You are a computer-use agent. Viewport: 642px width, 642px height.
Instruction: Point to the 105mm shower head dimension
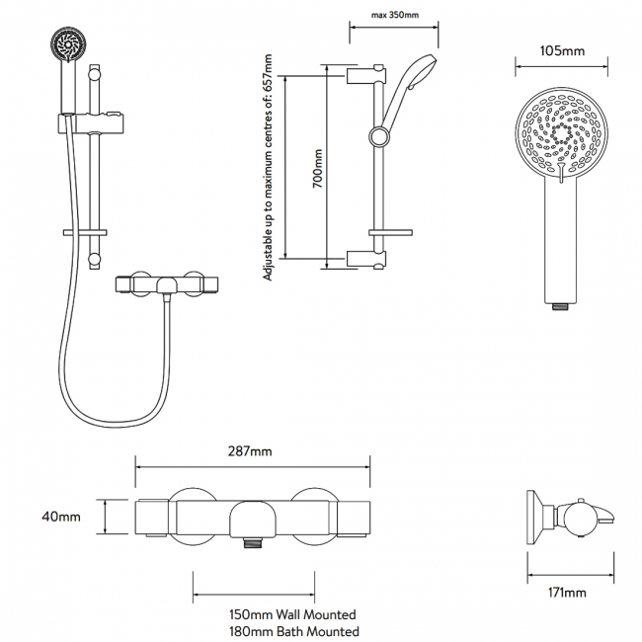pos(559,48)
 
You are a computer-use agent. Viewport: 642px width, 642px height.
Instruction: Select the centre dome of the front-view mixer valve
pos(253,514)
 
